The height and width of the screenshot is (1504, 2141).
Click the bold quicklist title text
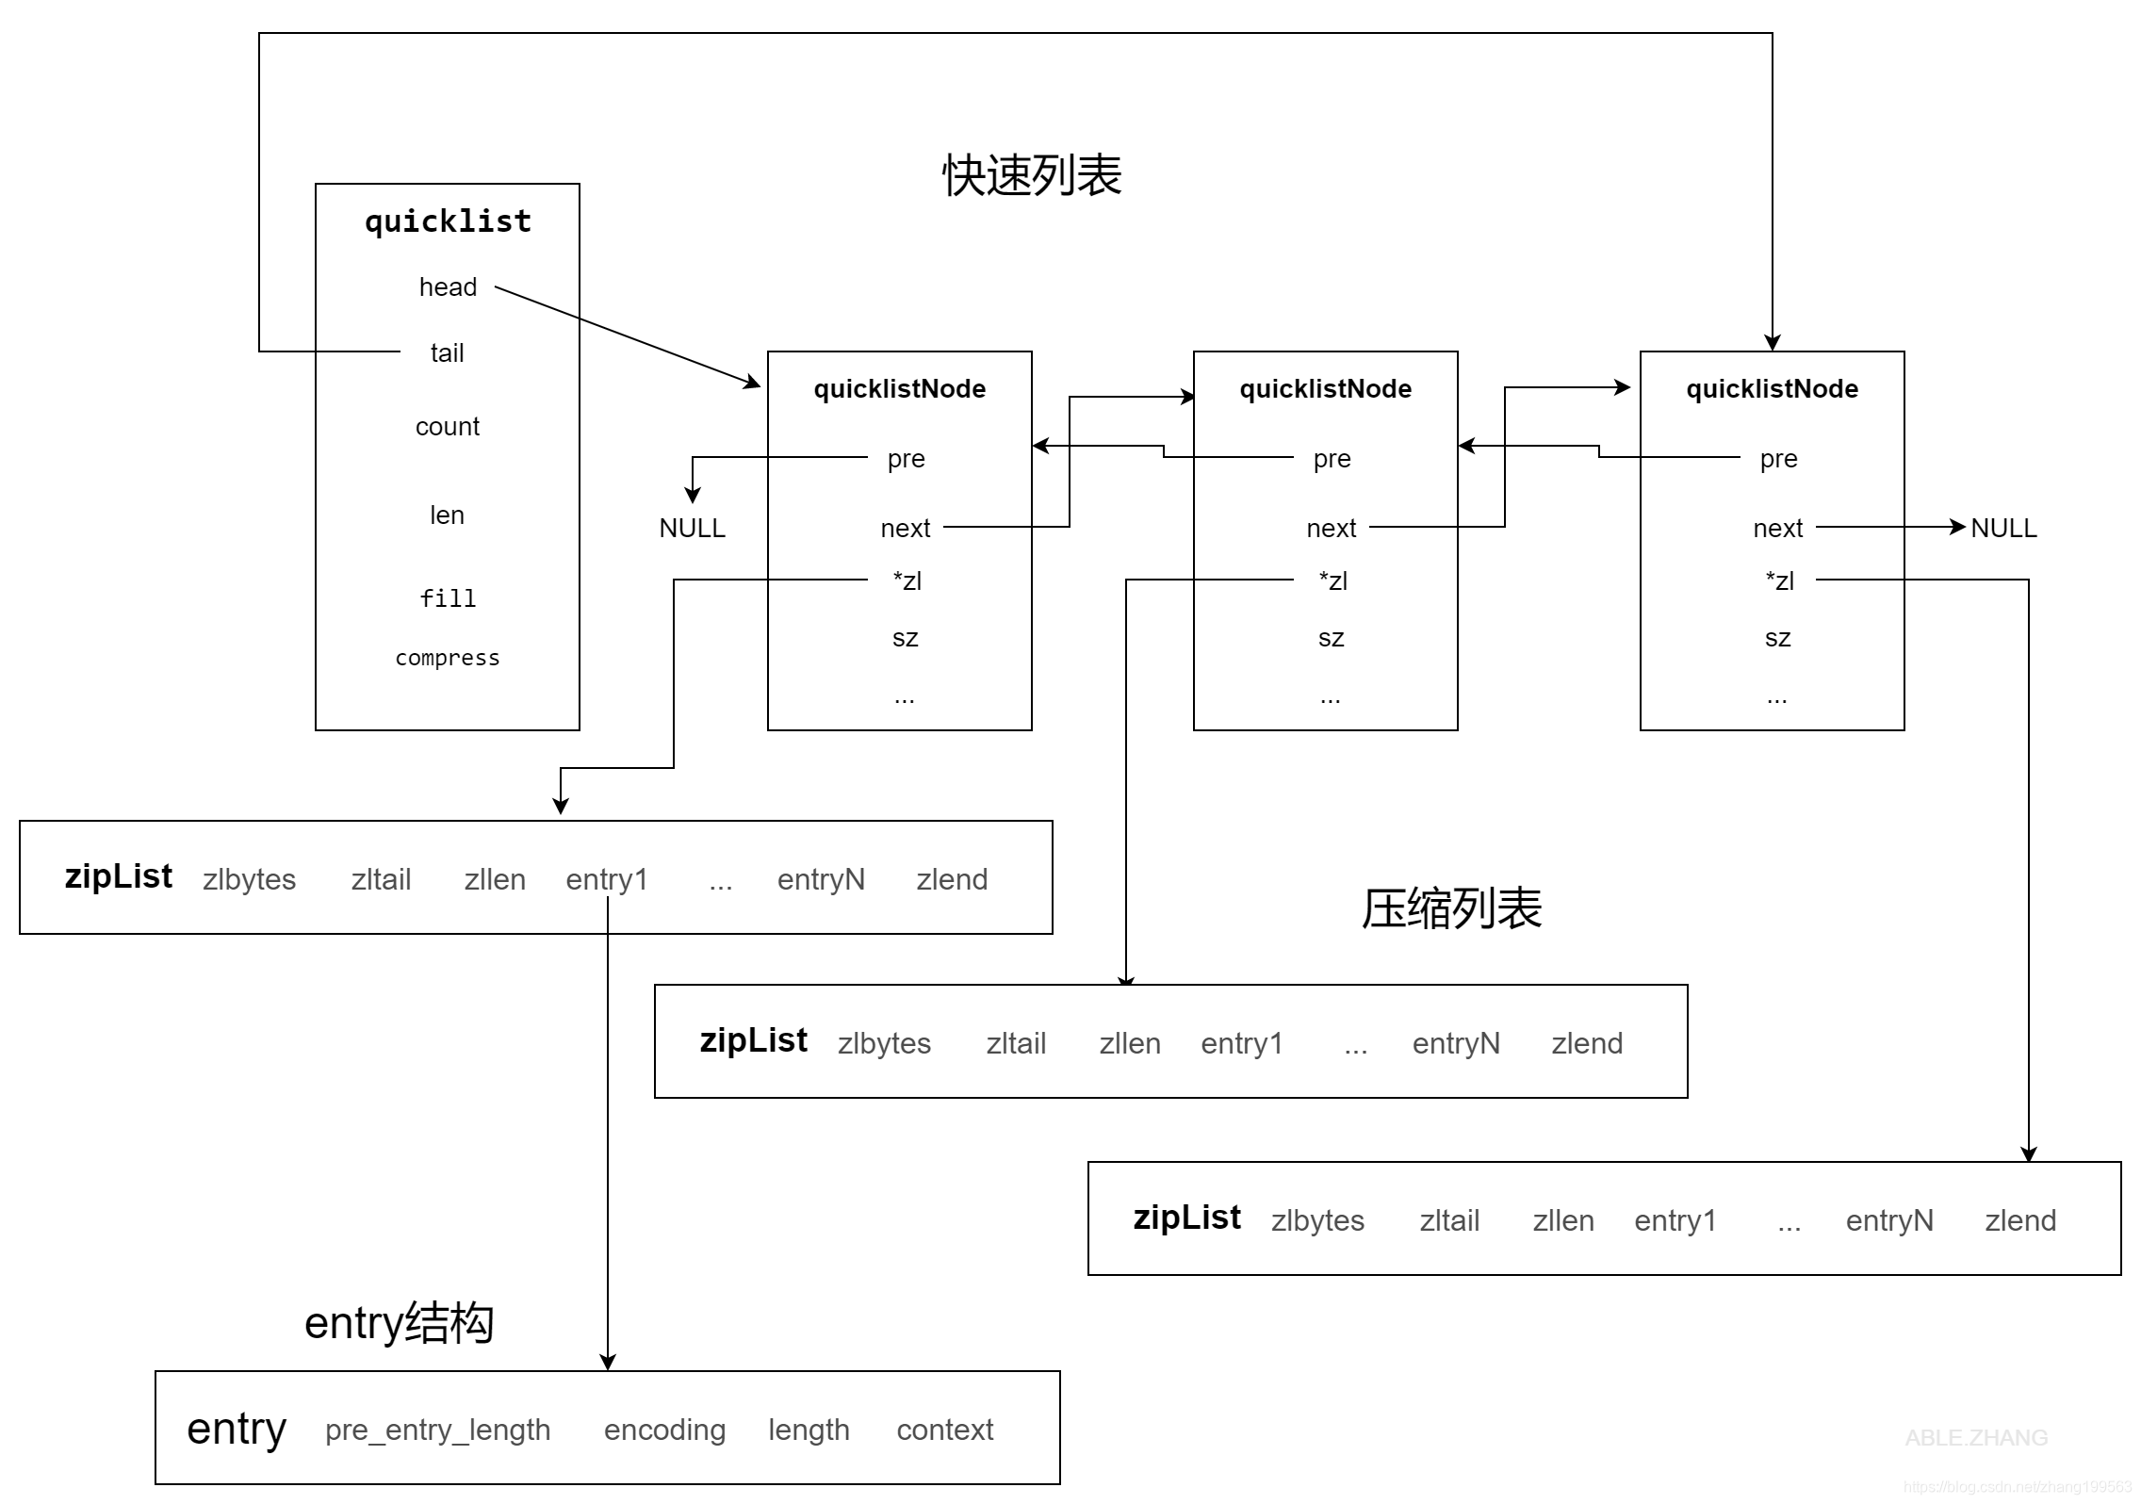coord(448,221)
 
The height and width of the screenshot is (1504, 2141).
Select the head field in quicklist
coord(448,286)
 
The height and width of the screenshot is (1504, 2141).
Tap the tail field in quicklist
coord(447,352)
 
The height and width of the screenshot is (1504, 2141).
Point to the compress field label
coord(448,658)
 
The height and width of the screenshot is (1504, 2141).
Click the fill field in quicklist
coord(448,598)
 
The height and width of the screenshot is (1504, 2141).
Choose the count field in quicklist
coord(448,427)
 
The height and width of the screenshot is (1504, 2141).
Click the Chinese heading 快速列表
coord(1032,175)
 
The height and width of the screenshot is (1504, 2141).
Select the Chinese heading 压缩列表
coord(1451,908)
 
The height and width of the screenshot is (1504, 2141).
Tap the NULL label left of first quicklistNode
coord(692,528)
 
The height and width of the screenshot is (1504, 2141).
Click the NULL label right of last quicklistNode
coord(2003,528)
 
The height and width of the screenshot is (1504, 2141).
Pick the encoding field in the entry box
coord(664,1430)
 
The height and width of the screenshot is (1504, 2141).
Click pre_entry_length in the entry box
coord(437,1430)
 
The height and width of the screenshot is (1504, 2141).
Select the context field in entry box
coord(945,1430)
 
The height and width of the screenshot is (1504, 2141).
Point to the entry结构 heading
coord(399,1323)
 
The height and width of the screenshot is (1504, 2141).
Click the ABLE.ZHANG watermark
coord(1976,1438)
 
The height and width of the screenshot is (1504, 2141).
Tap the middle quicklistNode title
coord(1325,389)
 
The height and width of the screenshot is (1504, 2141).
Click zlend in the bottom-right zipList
coord(2020,1220)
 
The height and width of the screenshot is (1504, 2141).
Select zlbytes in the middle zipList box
coord(884,1043)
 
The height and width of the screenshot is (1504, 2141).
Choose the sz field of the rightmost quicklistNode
coord(1777,638)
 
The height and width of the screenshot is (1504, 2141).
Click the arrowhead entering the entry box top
coord(608,1362)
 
